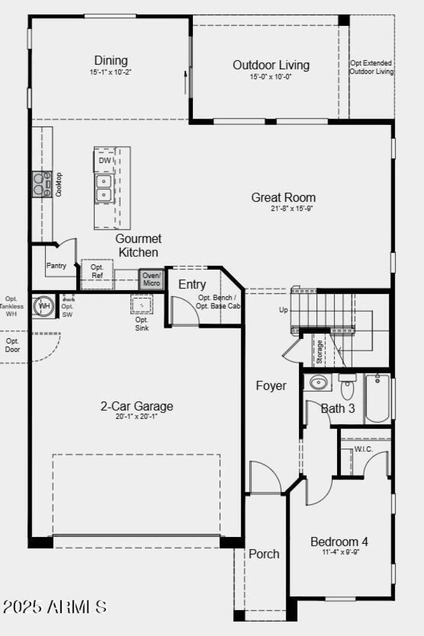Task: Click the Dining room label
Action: [111, 60]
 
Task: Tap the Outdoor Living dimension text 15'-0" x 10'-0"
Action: [271, 76]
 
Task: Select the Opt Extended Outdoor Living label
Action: [372, 67]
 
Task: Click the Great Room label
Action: [283, 198]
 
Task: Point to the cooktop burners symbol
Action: [39, 184]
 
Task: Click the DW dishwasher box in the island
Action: [104, 160]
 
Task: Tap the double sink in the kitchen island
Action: [104, 189]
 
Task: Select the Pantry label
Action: [56, 266]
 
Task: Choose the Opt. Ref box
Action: [97, 272]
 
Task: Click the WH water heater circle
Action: [44, 306]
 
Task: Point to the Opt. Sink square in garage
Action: [142, 305]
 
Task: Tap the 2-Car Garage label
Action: [137, 407]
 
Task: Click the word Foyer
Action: [271, 386]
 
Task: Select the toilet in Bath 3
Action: [347, 387]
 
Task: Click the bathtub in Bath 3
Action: [377, 398]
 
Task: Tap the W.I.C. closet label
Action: [364, 449]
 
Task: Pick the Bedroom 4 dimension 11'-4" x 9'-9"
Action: [339, 552]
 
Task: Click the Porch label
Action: [264, 554]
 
